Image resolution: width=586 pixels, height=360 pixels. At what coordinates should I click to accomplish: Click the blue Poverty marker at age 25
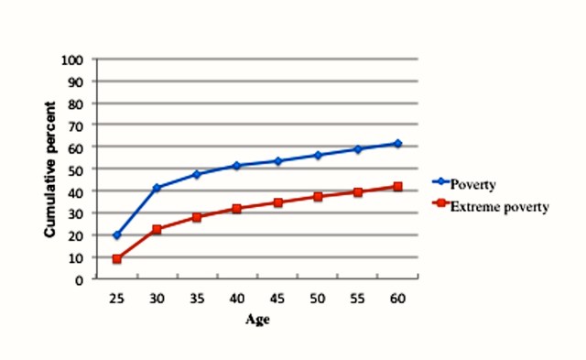coord(116,235)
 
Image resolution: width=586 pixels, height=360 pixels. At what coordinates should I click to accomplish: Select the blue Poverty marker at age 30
coord(157,188)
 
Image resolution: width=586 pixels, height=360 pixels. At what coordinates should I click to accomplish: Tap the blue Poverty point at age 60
coord(397,144)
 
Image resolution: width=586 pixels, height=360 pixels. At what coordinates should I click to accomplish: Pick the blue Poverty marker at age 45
coord(277,161)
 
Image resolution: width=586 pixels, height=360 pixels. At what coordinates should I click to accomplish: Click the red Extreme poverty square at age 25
coord(116,259)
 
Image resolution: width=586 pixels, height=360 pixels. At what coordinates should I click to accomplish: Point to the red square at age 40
coord(236,209)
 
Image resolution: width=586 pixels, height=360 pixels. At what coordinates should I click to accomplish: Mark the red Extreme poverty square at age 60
coord(397,187)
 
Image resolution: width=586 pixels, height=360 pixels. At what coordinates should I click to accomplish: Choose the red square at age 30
coord(157,229)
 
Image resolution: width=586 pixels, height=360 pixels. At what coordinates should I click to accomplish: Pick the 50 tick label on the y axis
coord(77,169)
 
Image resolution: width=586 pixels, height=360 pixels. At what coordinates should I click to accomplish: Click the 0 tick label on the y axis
coord(81,279)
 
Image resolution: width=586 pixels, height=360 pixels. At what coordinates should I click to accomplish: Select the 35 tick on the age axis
coord(196,299)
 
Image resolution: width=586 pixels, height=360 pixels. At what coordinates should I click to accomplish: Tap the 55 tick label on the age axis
coord(357,299)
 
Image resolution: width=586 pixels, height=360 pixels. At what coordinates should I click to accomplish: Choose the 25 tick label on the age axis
coord(116,299)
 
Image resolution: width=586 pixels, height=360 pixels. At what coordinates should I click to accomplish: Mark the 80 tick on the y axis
coord(77,104)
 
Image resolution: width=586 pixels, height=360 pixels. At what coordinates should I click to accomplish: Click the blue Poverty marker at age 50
coord(317,156)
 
